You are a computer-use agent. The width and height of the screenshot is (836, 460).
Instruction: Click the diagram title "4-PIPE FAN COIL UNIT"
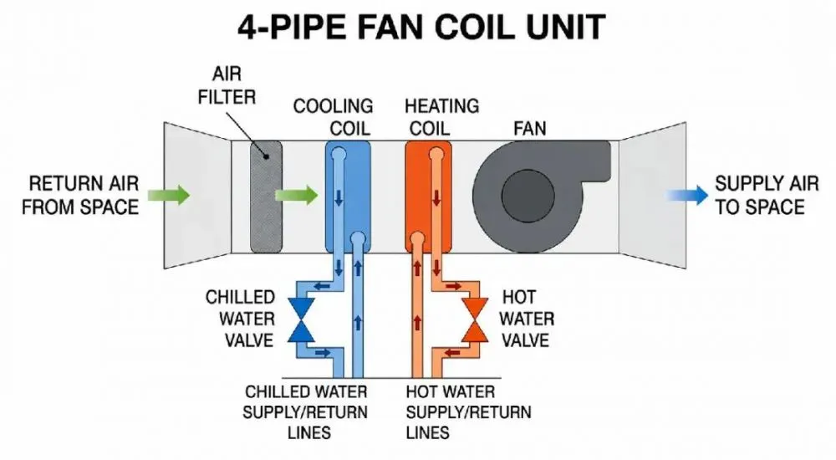(421, 26)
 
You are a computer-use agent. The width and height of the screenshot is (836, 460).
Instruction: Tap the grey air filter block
(266, 196)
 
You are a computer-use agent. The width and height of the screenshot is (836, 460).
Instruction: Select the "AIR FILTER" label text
(227, 85)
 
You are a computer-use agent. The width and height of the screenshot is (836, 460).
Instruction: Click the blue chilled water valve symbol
(301, 319)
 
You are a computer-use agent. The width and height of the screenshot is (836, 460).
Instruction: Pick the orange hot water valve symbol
(475, 319)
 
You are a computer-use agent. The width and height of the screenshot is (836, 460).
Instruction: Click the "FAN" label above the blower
(529, 129)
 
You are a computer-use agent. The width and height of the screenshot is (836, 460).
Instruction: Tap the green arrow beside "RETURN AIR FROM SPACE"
(169, 195)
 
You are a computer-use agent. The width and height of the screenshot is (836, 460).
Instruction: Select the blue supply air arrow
(687, 196)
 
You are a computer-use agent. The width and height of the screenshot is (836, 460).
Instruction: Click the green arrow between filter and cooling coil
(297, 195)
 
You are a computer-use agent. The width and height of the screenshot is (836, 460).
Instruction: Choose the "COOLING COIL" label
(334, 117)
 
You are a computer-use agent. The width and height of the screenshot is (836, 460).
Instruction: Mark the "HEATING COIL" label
(442, 117)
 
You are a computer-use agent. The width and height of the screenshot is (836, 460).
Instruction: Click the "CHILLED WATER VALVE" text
(241, 319)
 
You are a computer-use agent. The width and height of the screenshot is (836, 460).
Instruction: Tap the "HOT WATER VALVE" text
(526, 319)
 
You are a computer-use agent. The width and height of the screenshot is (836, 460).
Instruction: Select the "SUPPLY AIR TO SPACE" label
(767, 196)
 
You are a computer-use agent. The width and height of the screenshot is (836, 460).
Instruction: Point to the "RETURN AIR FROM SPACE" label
(80, 196)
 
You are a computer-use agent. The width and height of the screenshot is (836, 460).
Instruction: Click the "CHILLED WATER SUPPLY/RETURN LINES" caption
(305, 412)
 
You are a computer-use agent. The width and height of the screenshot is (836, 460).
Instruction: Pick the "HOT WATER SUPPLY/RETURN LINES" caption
(469, 412)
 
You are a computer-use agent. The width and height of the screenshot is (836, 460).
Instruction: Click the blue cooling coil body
(348, 197)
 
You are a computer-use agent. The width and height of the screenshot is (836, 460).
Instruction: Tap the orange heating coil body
(428, 197)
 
